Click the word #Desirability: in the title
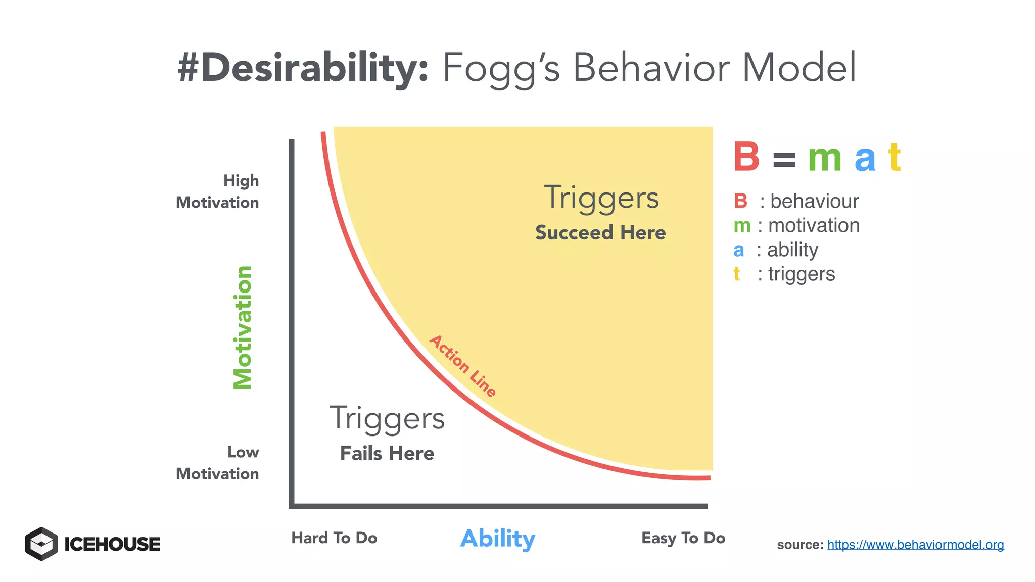click(303, 68)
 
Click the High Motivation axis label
click(218, 191)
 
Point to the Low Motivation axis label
click(218, 463)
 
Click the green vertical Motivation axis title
click(243, 327)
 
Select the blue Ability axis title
click(498, 539)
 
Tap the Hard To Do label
click(334, 538)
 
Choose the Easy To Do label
click(683, 538)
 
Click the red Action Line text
click(462, 366)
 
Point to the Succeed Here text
click(600, 233)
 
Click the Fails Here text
click(387, 453)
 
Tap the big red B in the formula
click(746, 157)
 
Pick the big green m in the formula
click(824, 159)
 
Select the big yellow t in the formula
click(895, 157)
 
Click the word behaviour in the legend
click(814, 201)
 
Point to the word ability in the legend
click(792, 250)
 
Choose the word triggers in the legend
click(802, 274)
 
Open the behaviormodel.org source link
click(915, 545)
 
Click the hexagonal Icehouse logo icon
click(41, 544)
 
